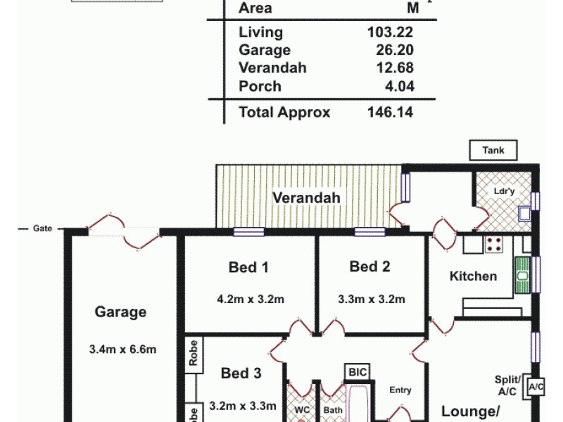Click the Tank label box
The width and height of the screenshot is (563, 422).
493,150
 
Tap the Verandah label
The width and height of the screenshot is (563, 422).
306,198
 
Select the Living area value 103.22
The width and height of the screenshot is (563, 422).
390,32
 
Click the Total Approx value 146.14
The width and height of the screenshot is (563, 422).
390,112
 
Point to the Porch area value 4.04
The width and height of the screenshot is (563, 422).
398,87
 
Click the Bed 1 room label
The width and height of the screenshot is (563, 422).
248,267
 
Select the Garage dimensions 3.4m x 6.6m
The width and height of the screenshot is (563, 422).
122,349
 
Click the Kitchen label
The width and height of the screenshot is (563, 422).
473,276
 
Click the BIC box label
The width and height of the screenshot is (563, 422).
354,372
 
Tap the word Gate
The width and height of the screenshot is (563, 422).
42,229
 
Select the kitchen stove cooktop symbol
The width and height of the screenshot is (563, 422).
494,244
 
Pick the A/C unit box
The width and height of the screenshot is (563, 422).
536,387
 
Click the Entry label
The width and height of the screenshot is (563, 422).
400,390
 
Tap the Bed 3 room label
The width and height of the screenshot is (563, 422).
241,373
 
